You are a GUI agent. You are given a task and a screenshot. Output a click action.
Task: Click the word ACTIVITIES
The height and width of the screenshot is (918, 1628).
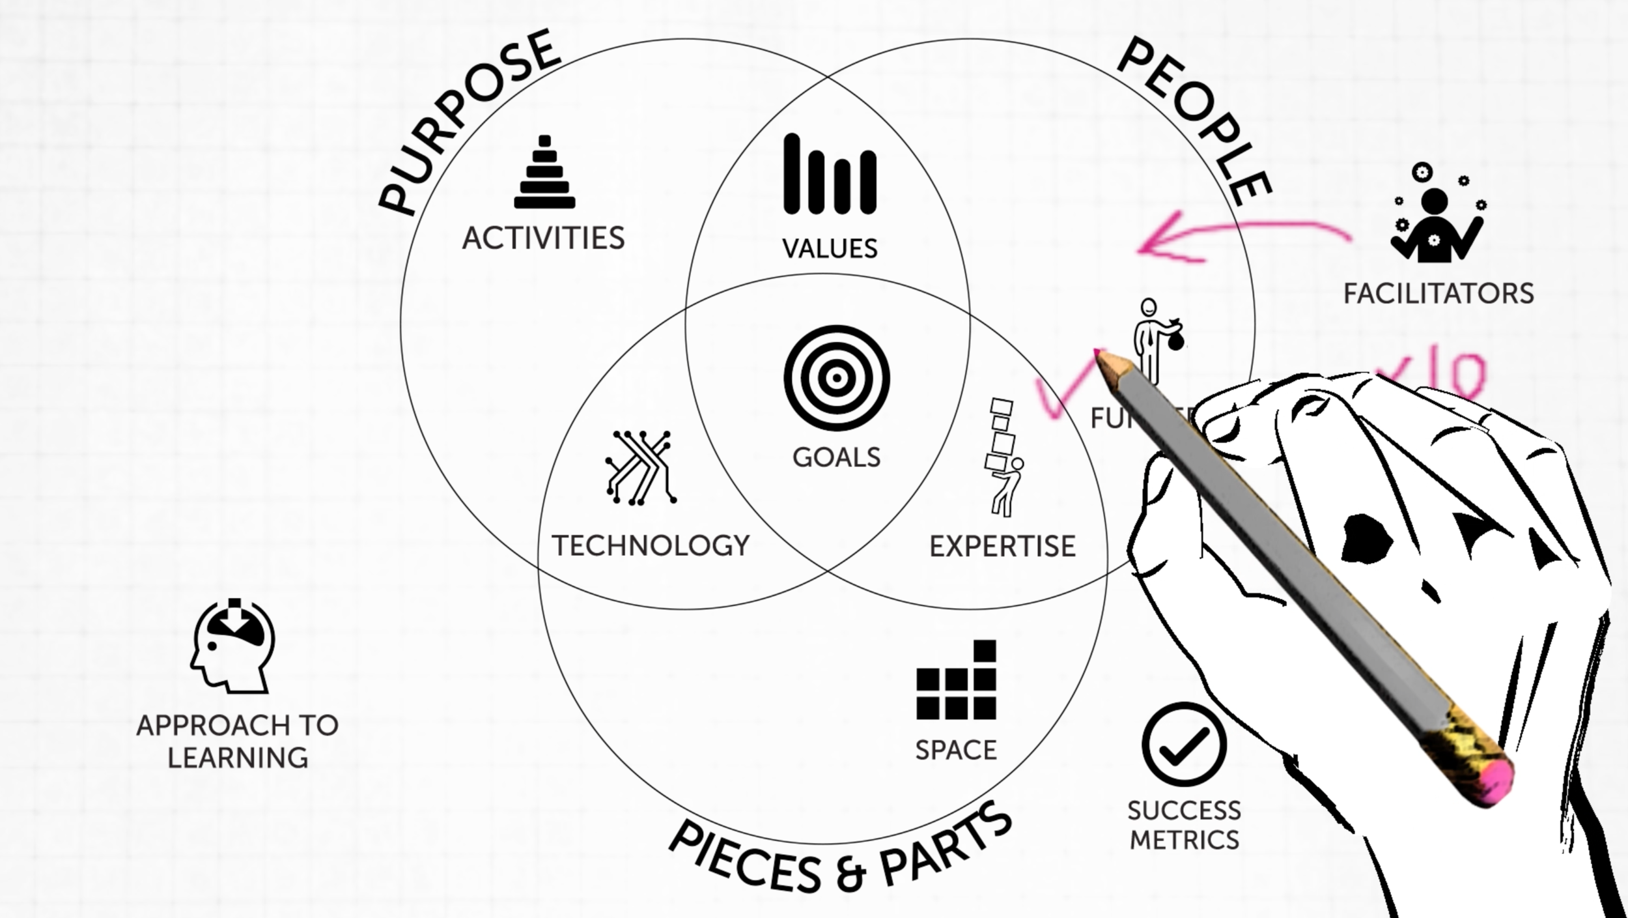pyautogui.click(x=543, y=238)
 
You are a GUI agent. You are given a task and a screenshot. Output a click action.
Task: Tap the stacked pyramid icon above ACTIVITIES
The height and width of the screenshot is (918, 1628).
pyautogui.click(x=544, y=173)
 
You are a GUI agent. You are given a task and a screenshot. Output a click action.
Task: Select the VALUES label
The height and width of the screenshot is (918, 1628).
pyautogui.click(x=830, y=249)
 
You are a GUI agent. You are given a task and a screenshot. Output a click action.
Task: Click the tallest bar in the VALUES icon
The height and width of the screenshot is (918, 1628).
pyautogui.click(x=792, y=174)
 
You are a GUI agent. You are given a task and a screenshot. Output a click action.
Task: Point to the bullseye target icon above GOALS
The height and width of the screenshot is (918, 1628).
pyautogui.click(x=837, y=378)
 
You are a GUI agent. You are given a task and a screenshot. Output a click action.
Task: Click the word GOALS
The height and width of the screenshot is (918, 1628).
pyautogui.click(x=836, y=457)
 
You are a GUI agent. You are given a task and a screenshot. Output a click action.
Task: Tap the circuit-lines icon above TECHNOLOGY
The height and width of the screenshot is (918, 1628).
pyautogui.click(x=641, y=467)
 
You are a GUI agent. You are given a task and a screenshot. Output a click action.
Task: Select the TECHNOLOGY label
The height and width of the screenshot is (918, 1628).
pyautogui.click(x=651, y=546)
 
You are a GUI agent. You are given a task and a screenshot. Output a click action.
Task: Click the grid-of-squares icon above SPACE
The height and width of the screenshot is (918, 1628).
pyautogui.click(x=956, y=681)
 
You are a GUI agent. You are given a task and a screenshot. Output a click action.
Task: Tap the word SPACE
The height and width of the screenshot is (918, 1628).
pyautogui.click(x=955, y=751)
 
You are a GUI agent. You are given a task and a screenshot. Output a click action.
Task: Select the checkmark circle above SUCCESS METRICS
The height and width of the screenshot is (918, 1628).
pyautogui.click(x=1184, y=744)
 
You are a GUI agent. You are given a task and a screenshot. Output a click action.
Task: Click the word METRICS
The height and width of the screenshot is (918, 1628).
pyautogui.click(x=1184, y=840)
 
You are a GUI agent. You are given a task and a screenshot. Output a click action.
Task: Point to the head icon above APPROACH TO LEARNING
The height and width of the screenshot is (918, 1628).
pyautogui.click(x=232, y=646)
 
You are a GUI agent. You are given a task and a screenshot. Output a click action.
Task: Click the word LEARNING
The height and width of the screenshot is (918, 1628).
pyautogui.click(x=238, y=758)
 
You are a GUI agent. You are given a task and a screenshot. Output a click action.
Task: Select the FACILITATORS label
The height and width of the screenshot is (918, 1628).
pyautogui.click(x=1439, y=294)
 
